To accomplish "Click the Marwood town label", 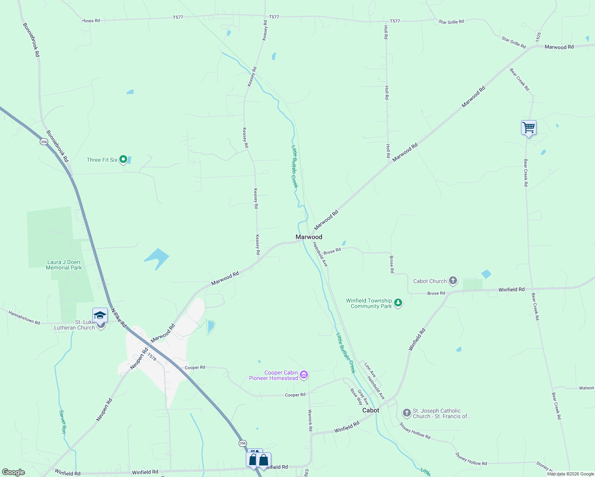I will tap(309, 237).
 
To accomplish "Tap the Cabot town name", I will tap(371, 410).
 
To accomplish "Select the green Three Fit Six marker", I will tap(123, 159).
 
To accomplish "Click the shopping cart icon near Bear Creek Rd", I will tap(529, 128).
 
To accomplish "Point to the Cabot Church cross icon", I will tap(453, 281).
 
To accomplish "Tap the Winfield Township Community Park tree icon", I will tap(398, 303).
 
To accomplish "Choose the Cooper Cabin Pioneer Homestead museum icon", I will tap(304, 375).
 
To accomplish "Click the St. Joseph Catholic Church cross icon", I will tap(406, 413).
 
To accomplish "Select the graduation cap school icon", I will tap(100, 316).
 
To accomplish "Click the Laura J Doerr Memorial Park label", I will tap(64, 265).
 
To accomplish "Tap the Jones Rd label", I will tap(91, 21).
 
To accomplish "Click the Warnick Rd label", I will tap(310, 421).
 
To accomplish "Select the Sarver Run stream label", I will tap(62, 422).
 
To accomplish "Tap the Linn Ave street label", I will tap(370, 370).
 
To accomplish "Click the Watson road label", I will tap(586, 388).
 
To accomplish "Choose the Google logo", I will tap(14, 472).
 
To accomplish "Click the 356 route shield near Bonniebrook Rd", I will tap(44, 142).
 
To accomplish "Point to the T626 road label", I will tap(538, 37).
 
